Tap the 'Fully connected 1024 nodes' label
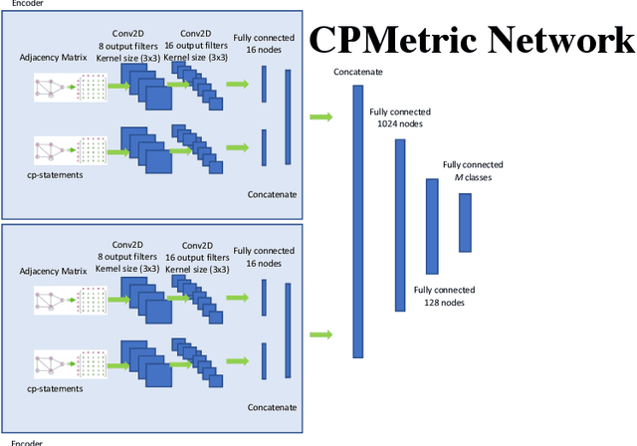pos(395,118)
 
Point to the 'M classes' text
pos(473,177)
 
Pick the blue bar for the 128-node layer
pos(431,226)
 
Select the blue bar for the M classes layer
pos(464,222)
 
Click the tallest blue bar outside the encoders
pos(358,221)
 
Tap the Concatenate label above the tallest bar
pos(358,73)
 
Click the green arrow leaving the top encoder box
pos(320,117)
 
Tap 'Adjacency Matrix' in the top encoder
pos(53,58)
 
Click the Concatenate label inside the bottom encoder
pos(272,407)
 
